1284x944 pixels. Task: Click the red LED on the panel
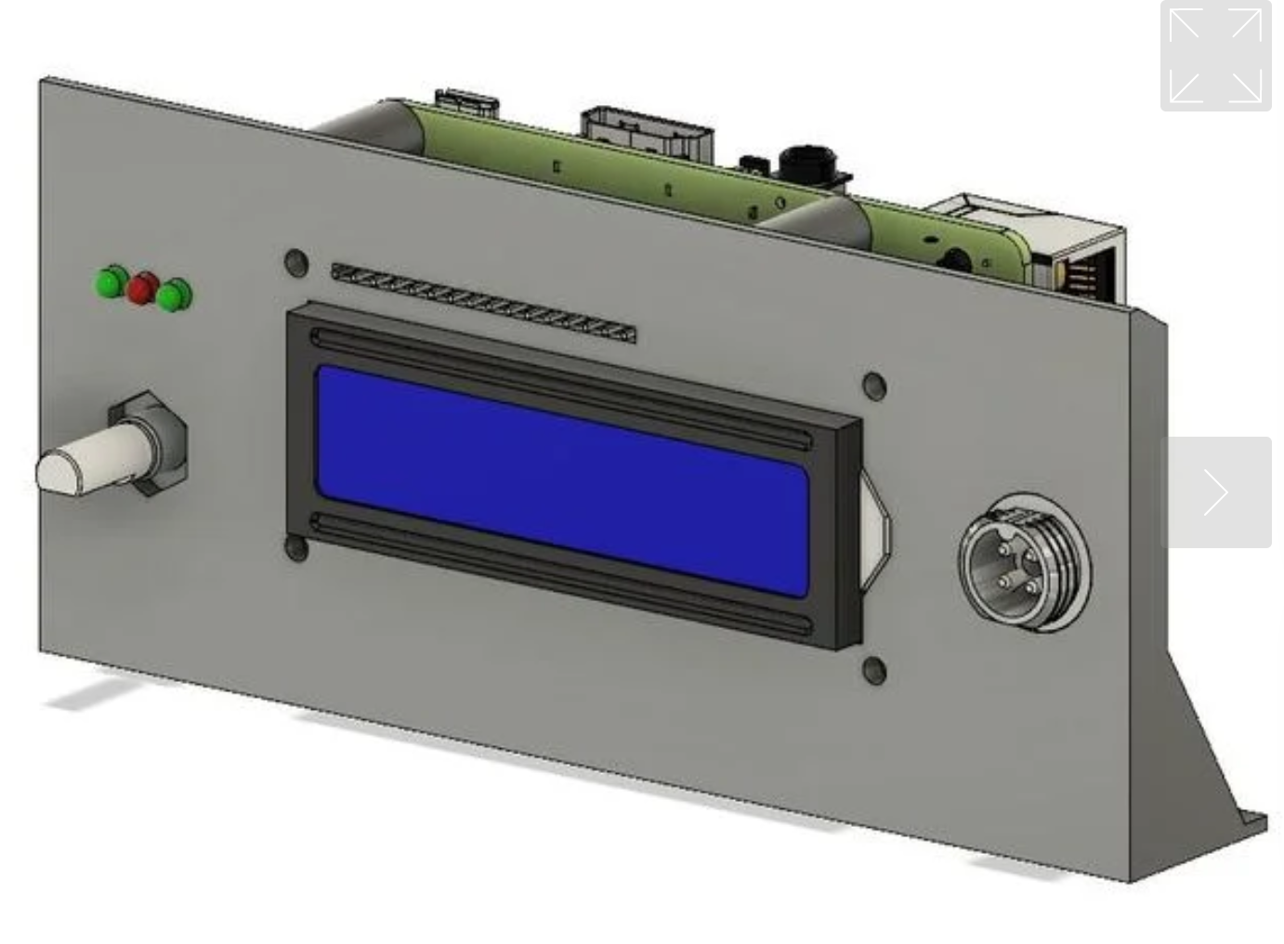coord(142,288)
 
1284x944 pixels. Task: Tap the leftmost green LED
coord(111,282)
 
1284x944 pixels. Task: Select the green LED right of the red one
coord(174,295)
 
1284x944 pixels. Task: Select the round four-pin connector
coord(1025,562)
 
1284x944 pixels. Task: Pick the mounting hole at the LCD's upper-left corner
coord(295,262)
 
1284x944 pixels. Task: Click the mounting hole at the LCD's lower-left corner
coord(296,548)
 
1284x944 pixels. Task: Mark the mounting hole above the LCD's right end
coord(874,386)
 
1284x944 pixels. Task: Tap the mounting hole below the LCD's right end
coord(874,669)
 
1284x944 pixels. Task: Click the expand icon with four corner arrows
coord(1215,56)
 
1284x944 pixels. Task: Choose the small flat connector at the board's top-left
coord(467,102)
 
